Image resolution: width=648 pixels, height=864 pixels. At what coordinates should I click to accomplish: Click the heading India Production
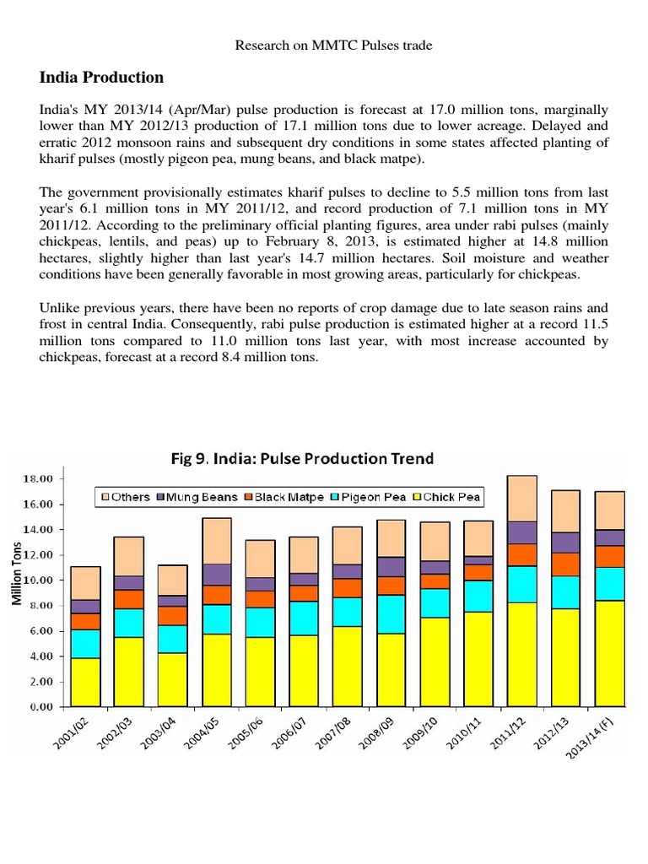point(101,78)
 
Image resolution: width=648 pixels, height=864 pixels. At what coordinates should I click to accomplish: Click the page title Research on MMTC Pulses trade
point(332,45)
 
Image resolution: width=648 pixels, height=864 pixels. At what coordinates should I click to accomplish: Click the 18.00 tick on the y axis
point(38,478)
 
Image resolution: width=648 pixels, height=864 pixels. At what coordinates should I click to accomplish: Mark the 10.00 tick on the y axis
point(38,580)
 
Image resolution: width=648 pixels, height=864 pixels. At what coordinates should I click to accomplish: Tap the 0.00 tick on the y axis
point(41,707)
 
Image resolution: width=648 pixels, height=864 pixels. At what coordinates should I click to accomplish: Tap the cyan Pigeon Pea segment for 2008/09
point(391,613)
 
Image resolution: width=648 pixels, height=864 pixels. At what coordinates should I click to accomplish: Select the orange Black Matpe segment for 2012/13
point(565,564)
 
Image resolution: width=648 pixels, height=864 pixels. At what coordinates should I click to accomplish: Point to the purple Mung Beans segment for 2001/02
point(85,606)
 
